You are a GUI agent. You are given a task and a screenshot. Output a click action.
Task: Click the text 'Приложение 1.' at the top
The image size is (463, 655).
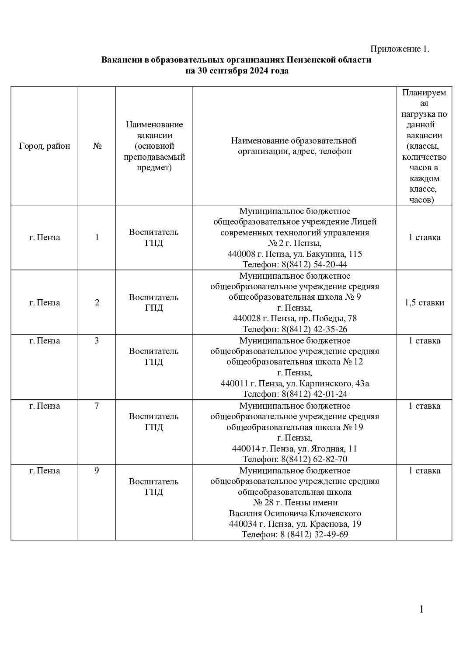click(400, 49)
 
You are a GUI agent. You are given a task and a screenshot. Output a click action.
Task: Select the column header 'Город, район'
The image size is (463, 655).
click(45, 146)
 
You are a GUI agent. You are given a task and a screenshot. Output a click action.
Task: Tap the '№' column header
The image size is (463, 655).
click(97, 146)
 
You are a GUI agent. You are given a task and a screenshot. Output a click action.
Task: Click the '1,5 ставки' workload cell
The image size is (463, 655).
click(424, 303)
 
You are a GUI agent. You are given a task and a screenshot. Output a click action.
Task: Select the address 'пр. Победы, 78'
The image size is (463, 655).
click(327, 319)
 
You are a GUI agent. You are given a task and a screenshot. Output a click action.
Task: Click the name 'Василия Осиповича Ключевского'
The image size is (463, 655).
click(295, 513)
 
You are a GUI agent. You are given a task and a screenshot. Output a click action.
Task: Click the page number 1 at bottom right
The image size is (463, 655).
click(421, 609)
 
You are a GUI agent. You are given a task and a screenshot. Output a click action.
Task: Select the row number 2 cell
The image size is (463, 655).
click(97, 303)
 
